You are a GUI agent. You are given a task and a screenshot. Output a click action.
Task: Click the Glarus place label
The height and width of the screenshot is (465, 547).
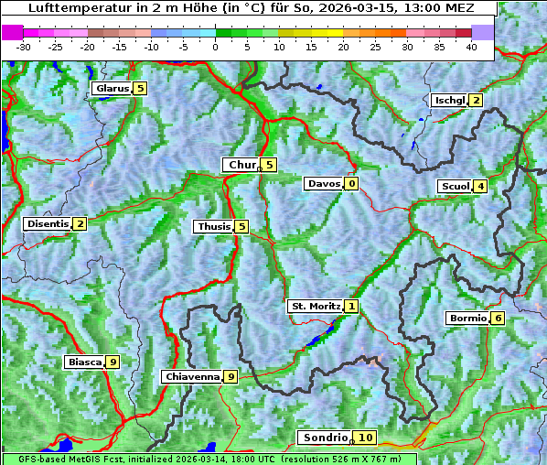(x=112, y=89)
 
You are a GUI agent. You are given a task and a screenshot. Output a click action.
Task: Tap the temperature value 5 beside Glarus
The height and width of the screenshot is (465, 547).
(x=140, y=89)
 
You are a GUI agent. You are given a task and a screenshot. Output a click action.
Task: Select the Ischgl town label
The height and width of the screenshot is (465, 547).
(x=450, y=101)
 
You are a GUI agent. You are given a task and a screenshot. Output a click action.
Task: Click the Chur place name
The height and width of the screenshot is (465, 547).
(x=242, y=165)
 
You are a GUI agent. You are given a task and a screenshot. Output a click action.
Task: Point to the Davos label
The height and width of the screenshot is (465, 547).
(x=324, y=184)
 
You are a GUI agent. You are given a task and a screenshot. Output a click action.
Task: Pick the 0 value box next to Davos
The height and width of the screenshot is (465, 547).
(x=351, y=184)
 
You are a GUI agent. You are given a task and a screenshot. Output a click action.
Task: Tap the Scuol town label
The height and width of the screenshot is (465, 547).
(x=456, y=187)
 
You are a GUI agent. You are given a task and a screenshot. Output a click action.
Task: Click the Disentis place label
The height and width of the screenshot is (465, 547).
(x=48, y=224)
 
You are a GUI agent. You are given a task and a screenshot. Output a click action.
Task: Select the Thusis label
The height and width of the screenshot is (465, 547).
(x=213, y=227)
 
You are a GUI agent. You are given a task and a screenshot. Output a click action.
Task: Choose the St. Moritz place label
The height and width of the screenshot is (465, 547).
(x=316, y=307)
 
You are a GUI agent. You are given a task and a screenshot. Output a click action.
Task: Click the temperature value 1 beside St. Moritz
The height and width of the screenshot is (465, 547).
(x=352, y=307)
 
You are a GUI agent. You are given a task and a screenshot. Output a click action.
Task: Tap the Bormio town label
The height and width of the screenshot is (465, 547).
(x=467, y=319)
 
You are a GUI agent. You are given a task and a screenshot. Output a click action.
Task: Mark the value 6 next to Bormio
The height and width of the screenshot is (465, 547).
(x=498, y=319)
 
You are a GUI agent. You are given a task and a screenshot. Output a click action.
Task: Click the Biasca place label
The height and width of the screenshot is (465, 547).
(x=84, y=362)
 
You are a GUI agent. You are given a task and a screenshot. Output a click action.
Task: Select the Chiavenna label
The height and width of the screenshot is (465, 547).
(x=192, y=376)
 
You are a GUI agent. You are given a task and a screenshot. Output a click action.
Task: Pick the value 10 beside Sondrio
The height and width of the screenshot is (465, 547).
(x=365, y=438)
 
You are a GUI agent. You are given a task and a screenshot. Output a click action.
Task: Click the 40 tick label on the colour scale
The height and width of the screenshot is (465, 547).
(x=471, y=47)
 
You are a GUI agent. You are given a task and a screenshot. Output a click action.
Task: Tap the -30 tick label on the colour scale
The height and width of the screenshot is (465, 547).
(x=24, y=47)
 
